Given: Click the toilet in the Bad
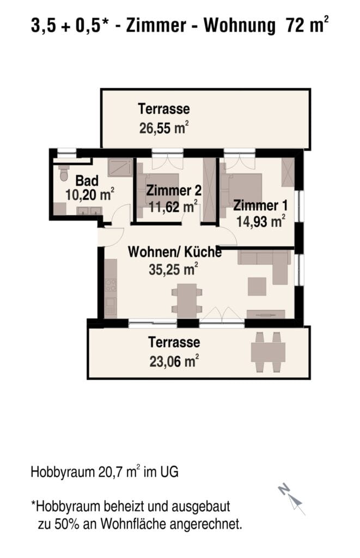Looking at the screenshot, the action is click(64, 173).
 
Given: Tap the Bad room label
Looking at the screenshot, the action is click(87, 181).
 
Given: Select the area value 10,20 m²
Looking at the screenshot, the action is click(90, 195).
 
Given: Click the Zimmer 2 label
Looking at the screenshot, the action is click(174, 190).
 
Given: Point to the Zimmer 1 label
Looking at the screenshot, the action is click(260, 205).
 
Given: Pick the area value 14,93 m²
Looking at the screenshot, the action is click(261, 221).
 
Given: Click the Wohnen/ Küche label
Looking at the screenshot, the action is click(175, 252).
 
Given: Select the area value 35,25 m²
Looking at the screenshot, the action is click(173, 269).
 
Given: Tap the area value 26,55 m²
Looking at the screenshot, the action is click(163, 128).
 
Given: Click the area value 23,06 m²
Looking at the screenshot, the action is click(174, 361).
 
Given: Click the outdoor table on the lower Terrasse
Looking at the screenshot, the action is click(268, 352).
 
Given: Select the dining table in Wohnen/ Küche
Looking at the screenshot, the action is click(187, 301).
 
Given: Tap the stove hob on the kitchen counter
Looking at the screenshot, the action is click(111, 285).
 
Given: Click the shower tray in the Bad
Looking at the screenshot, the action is click(120, 167).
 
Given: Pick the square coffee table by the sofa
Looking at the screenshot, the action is click(257, 287).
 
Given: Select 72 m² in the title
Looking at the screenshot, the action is click(307, 25).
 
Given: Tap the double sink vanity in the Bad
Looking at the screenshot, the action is click(89, 211).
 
